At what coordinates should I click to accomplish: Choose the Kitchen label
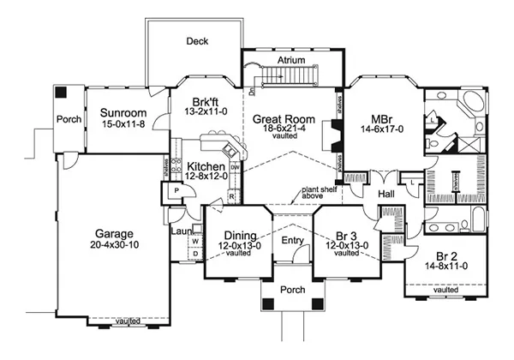206,165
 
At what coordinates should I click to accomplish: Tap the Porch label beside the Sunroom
68,120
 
